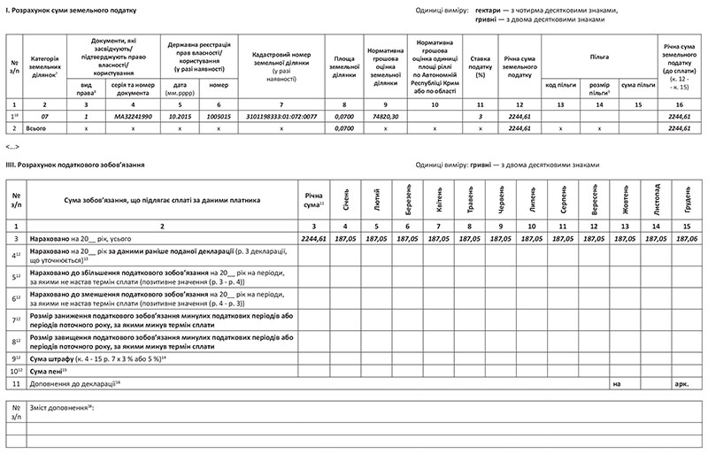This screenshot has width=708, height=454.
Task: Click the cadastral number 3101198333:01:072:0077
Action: pyautogui.click(x=281, y=117)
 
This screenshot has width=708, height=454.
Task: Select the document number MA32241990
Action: pyautogui.click(x=133, y=117)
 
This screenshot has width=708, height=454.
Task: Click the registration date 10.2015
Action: pyautogui.click(x=180, y=117)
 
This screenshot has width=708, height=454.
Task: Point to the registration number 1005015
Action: pyautogui.click(x=218, y=117)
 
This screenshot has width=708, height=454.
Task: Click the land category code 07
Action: pyautogui.click(x=43, y=117)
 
